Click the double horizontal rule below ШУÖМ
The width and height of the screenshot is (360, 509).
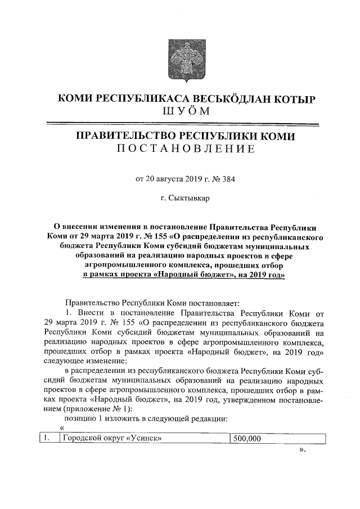[180, 123]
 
